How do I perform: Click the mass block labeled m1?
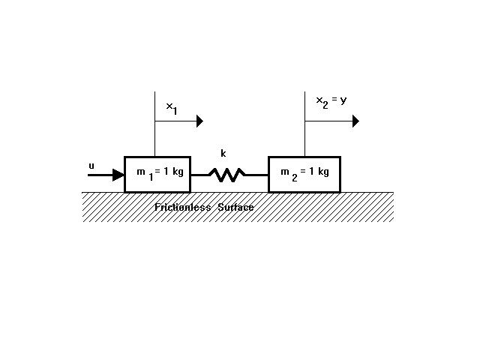click(157, 174)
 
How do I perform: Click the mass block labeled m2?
click(304, 174)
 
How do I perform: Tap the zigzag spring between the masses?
click(226, 175)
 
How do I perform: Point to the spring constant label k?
click(223, 154)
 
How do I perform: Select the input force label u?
click(91, 165)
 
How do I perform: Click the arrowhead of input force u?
click(118, 175)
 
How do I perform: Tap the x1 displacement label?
click(172, 108)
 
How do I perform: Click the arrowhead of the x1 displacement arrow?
click(199, 120)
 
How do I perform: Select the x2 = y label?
click(331, 100)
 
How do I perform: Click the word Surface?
click(235, 207)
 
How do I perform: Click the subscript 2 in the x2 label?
click(325, 105)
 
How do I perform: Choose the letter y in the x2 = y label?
click(343, 100)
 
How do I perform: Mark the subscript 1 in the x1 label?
click(175, 112)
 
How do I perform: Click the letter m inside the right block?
click(285, 172)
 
